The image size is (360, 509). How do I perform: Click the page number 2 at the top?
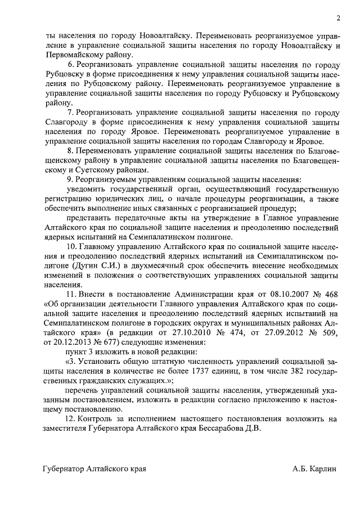pyautogui.click(x=338, y=18)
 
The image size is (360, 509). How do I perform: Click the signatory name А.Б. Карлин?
pyautogui.click(x=314, y=469)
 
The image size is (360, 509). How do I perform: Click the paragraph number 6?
pyautogui.click(x=70, y=66)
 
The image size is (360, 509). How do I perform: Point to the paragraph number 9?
pyautogui.click(x=70, y=180)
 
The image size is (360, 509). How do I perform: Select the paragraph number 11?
pyautogui.click(x=71, y=296)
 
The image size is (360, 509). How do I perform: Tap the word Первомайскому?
pyautogui.click(x=70, y=55)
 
